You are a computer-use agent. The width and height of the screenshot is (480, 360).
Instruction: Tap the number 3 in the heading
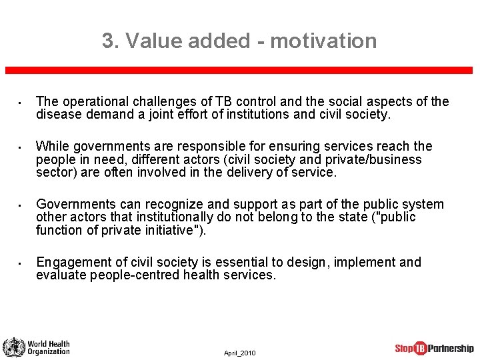pos(108,41)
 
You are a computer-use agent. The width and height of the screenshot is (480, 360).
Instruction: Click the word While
pos(53,146)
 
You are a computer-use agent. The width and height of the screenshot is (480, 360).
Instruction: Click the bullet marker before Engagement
pos(21,263)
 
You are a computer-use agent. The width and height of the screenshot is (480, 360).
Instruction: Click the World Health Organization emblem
pos(13,347)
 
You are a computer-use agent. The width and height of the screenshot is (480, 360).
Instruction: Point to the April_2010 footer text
pos(239,353)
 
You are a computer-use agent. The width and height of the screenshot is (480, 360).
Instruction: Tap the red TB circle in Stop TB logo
pos(420,348)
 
